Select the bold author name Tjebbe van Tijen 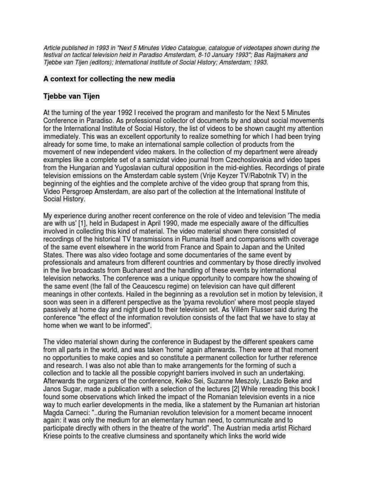coord(72,97)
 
